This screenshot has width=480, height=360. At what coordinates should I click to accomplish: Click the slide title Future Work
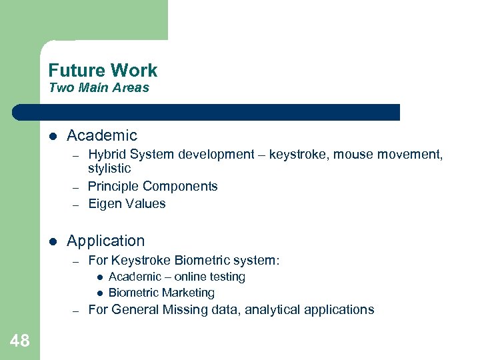[103, 71]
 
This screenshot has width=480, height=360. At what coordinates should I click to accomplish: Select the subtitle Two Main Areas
[99, 88]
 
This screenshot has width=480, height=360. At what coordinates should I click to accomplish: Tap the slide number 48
[20, 341]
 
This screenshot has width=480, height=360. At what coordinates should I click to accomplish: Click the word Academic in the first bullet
[102, 136]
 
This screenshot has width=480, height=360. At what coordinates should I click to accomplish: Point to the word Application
[105, 241]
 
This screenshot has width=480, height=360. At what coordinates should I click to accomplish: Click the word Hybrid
[107, 155]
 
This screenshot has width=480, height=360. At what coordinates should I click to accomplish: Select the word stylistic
[109, 169]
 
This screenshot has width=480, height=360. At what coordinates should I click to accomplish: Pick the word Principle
[113, 187]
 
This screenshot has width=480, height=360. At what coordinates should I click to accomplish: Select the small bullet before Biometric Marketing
[99, 293]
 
